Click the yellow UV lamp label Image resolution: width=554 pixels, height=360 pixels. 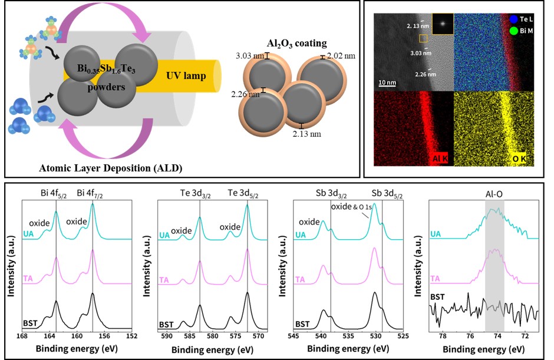pyautogui.click(x=186, y=75)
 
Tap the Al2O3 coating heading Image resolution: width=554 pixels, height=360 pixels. pyautogui.click(x=297, y=44)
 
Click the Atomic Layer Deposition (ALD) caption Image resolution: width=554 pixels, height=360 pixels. pyautogui.click(x=111, y=168)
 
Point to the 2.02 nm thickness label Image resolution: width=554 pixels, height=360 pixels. pyautogui.click(x=341, y=56)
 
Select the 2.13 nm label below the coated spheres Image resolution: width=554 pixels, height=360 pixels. pyautogui.click(x=306, y=134)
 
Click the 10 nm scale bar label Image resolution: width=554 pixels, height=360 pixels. pyautogui.click(x=387, y=82)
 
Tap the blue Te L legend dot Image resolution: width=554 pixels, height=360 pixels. pyautogui.click(x=514, y=19)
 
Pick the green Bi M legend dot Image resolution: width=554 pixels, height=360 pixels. pyautogui.click(x=514, y=31)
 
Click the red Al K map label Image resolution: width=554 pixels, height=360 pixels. pyautogui.click(x=440, y=159)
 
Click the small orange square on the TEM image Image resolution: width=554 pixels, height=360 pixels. pyautogui.click(x=423, y=38)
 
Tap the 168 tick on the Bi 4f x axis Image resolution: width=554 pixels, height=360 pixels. pyautogui.click(x=22, y=336)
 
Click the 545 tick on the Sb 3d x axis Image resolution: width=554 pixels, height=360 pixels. pyautogui.click(x=294, y=336)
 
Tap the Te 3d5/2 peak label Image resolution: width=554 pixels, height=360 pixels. pyautogui.click(x=243, y=193)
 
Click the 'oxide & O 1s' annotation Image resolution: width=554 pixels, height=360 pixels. pyautogui.click(x=351, y=207)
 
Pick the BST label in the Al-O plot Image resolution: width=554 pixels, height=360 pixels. pyautogui.click(x=437, y=297)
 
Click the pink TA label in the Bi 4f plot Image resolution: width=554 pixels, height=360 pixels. pyautogui.click(x=28, y=278)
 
